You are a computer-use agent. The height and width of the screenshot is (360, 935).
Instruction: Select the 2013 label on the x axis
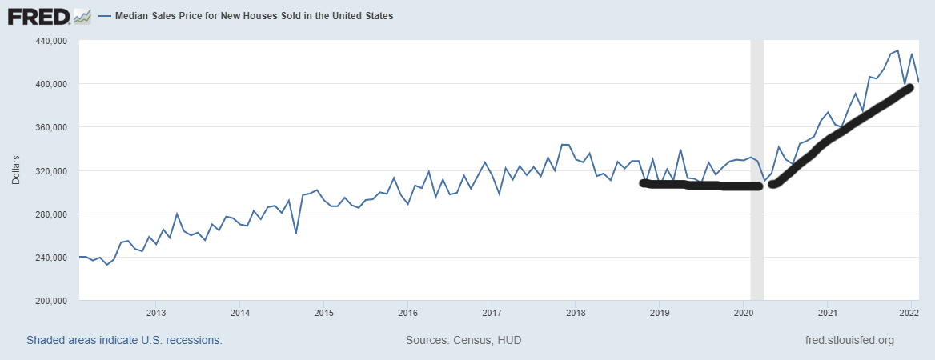[156, 312]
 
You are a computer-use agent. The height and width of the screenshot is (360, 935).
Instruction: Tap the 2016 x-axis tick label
[407, 312]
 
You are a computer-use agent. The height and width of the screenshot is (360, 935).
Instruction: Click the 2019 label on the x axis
[659, 312]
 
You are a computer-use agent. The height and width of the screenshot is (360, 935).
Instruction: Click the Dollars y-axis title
[17, 170]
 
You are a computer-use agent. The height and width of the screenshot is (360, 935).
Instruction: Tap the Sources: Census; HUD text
[463, 340]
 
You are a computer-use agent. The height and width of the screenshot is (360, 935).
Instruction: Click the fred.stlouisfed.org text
[849, 340]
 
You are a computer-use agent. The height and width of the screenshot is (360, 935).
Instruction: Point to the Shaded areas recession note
[124, 340]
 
